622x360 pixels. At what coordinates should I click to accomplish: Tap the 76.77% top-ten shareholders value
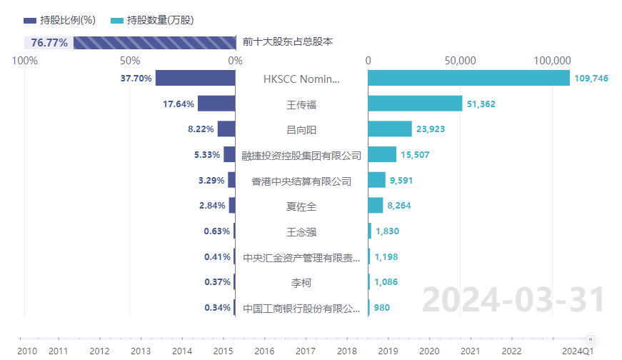click(49, 43)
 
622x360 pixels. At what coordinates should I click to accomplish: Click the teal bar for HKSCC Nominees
click(468, 78)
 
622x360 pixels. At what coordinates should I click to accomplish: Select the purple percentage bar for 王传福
click(216, 104)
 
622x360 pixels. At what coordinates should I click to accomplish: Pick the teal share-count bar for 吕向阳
click(390, 129)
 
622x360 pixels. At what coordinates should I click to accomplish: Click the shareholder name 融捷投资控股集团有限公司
click(301, 155)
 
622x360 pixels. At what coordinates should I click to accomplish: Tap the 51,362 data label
click(481, 104)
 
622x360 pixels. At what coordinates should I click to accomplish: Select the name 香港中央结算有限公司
click(301, 181)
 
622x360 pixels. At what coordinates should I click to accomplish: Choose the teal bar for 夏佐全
click(376, 206)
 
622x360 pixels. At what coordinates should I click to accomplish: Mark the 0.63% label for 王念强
click(217, 231)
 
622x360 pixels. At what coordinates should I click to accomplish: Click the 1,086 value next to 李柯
click(386, 282)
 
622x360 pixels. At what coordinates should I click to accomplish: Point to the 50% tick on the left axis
click(130, 61)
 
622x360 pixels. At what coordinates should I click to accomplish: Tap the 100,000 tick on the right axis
click(551, 61)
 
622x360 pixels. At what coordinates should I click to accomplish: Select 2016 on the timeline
click(264, 351)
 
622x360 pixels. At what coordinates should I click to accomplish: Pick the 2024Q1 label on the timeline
click(577, 351)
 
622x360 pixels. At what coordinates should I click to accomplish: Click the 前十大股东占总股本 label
click(288, 42)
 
